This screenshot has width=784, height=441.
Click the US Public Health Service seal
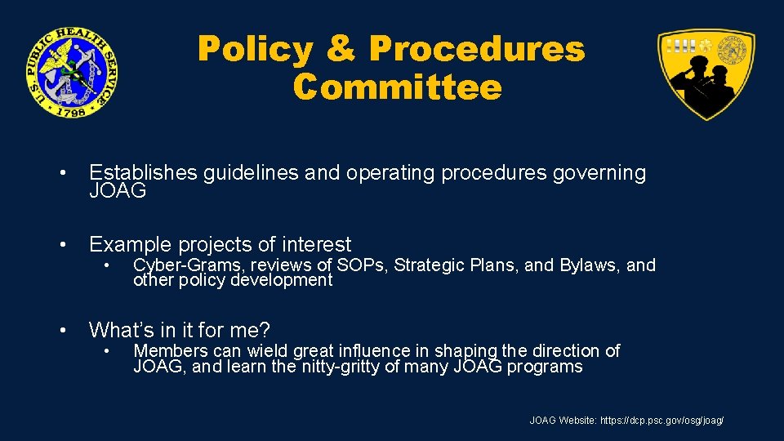(x=71, y=72)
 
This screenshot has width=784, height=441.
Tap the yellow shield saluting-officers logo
(x=706, y=73)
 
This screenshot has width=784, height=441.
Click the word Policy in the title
(x=256, y=50)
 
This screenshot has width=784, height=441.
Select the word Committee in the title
(x=398, y=87)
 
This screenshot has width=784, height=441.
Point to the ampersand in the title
(x=341, y=50)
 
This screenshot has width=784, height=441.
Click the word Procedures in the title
(x=477, y=50)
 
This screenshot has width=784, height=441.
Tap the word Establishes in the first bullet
(x=143, y=173)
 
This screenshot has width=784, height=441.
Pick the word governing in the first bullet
(x=599, y=173)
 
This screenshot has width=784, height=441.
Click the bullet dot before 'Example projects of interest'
(x=63, y=245)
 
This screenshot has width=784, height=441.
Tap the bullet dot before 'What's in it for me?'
(x=63, y=331)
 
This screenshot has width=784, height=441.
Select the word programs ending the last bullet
(x=545, y=367)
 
